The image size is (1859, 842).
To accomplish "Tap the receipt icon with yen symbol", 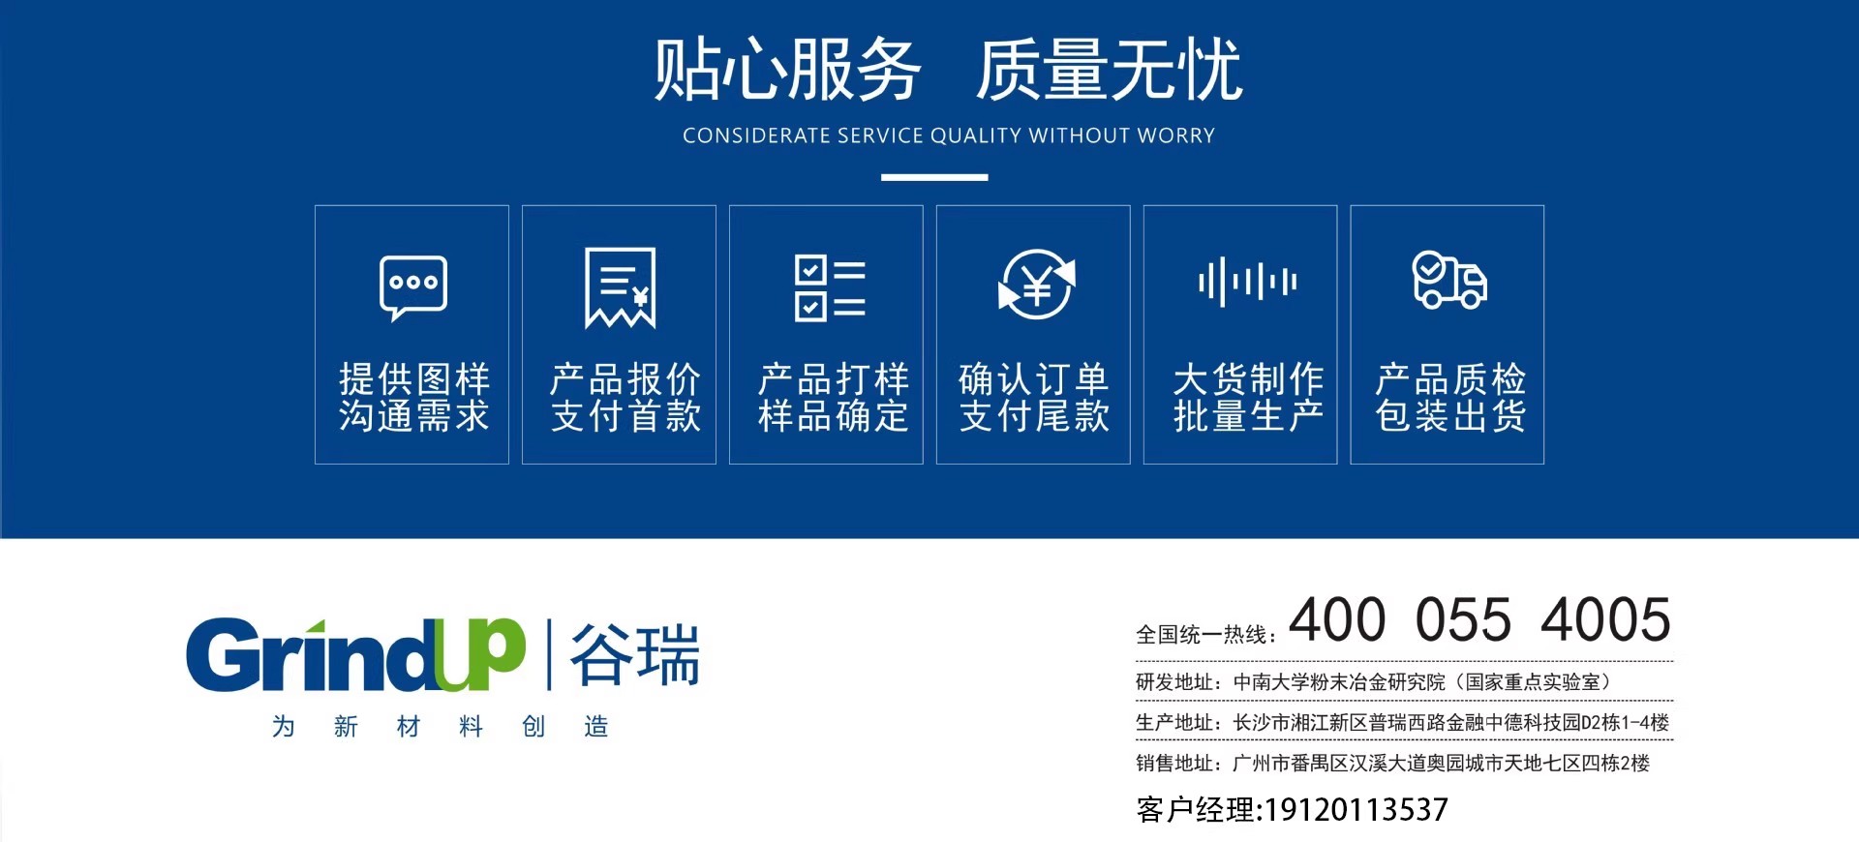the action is pos(621,287).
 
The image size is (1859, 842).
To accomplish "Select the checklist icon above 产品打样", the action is pos(830,287).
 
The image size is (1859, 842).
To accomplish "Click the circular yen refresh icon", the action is pos(1036,284).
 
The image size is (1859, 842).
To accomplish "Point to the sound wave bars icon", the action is pos(1247,282).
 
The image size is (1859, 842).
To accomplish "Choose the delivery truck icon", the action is pos(1449,280).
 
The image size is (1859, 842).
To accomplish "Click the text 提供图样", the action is pos(414,377).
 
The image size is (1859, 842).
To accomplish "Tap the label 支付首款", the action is pos(626,416).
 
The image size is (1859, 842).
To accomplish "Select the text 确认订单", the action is pos(1034,377).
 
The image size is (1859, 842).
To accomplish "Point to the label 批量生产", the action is pos(1248,416).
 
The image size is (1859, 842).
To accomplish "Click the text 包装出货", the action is pos(1450,416).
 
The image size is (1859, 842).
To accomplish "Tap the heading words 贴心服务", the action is pos(787,70).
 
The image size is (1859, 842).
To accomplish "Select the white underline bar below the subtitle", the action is pos(934,177).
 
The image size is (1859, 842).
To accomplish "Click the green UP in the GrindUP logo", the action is pos(479,654).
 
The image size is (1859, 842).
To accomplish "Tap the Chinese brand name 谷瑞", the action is pos(635,655).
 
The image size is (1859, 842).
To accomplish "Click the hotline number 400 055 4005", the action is pos(1479,619).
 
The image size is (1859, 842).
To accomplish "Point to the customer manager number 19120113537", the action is pos(1356,809).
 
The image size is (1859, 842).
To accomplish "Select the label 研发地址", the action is pos(1174,681).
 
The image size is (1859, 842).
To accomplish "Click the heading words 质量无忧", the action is pos(1109,70).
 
